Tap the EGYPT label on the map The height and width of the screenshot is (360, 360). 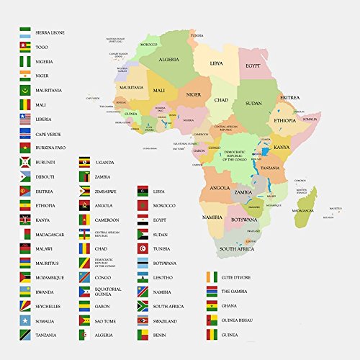coord(253,65)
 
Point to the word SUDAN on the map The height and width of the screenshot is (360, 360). coord(253,103)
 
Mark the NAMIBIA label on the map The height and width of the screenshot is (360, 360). coord(212,217)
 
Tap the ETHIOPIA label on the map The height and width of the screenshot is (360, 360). coord(284,122)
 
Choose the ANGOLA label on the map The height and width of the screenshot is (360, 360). coord(219,188)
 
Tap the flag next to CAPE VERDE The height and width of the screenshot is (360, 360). coord(24,133)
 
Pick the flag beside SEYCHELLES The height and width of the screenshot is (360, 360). coord(24,306)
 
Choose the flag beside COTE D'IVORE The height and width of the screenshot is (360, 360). coord(211,277)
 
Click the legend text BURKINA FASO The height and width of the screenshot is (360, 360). coord(53,150)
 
